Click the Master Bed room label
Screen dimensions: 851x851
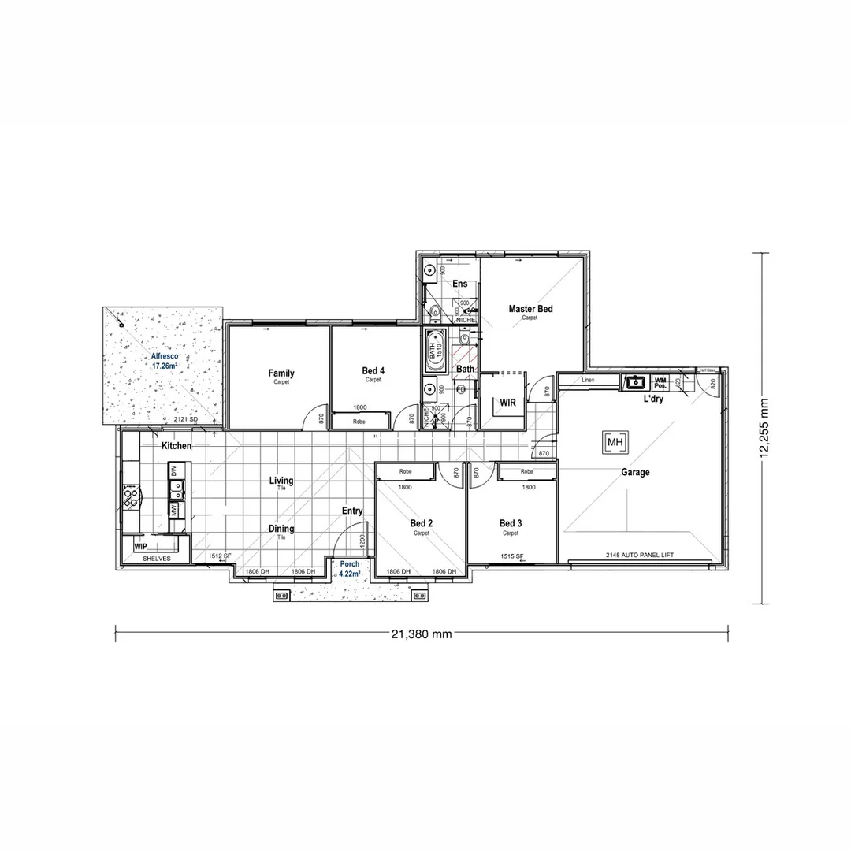[x=530, y=309]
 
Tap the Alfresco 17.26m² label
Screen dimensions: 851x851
[x=165, y=362]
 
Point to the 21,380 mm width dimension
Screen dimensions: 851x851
[x=421, y=634]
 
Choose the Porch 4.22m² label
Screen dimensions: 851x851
[x=349, y=569]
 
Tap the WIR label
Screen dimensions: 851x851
[x=507, y=403]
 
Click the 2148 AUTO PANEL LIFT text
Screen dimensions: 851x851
[x=640, y=555]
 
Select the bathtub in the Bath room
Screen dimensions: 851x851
[x=435, y=351]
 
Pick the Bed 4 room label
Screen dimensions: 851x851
[x=373, y=370]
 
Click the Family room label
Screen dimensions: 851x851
[x=281, y=373]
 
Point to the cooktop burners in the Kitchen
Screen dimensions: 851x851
[x=131, y=496]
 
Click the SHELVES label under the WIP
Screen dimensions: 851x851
[x=156, y=558]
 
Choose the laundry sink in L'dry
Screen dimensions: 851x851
[x=635, y=383]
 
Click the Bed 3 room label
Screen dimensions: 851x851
[x=511, y=523]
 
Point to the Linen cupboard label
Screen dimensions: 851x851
[x=589, y=380]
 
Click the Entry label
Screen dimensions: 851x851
[x=352, y=511]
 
